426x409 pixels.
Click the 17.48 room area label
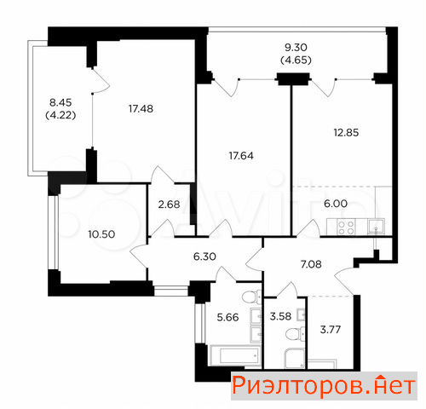[x=141, y=108]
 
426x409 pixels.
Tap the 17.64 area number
[x=241, y=156]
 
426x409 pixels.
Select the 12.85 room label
[x=346, y=132]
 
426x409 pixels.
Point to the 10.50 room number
[x=101, y=234]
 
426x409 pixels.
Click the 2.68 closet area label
[x=169, y=204]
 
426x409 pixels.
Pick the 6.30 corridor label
[x=204, y=256]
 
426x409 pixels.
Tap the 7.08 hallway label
[x=311, y=264]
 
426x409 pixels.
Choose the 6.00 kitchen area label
[x=336, y=204]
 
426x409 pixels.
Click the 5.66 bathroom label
[x=227, y=317]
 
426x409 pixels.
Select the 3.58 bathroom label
[x=280, y=316]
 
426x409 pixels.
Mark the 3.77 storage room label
[x=331, y=330]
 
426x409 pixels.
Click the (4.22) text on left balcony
[x=60, y=115]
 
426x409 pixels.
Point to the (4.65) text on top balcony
[x=296, y=60]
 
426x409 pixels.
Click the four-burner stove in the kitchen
[x=347, y=228]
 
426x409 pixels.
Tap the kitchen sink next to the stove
[x=376, y=227]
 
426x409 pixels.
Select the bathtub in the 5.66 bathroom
[x=234, y=355]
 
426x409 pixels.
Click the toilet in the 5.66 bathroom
[x=251, y=297]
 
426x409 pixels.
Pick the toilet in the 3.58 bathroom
[x=296, y=333]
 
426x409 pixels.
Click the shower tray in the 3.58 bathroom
[x=295, y=358]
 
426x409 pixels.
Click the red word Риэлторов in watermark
[x=297, y=386]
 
